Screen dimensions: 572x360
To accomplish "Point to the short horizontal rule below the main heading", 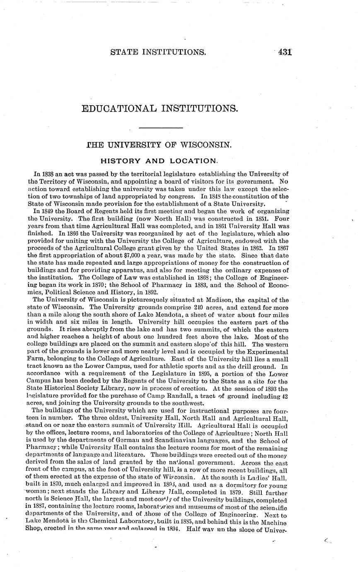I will click(x=161, y=127).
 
